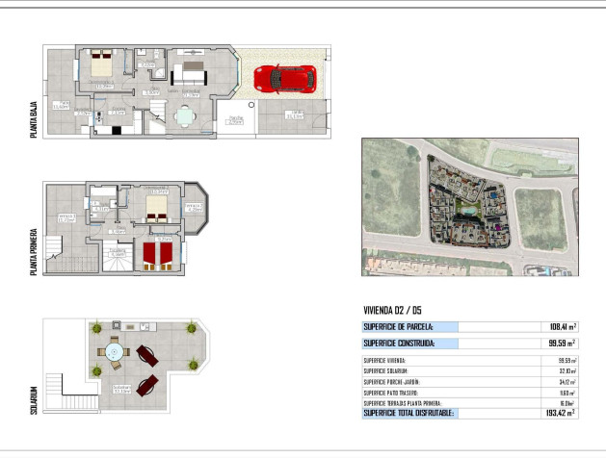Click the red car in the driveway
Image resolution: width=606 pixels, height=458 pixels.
(284, 79)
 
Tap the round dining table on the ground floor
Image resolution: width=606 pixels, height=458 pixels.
(183, 116)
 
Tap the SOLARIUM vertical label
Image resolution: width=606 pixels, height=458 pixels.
(35, 401)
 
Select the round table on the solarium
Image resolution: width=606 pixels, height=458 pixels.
(115, 354)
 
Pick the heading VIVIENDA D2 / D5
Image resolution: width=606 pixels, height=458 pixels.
(392, 310)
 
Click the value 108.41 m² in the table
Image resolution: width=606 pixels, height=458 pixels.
(561, 327)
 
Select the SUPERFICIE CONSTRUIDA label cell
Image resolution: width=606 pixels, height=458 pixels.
(399, 343)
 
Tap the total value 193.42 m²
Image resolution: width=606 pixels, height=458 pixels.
(560, 413)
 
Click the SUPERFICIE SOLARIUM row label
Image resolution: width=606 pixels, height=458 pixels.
(385, 370)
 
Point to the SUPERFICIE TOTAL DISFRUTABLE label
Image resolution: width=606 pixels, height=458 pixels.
(408, 413)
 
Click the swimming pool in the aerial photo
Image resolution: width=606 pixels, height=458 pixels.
(466, 208)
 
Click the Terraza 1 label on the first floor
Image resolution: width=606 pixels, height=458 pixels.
(66, 218)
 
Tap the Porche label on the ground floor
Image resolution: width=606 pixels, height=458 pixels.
(235, 121)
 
